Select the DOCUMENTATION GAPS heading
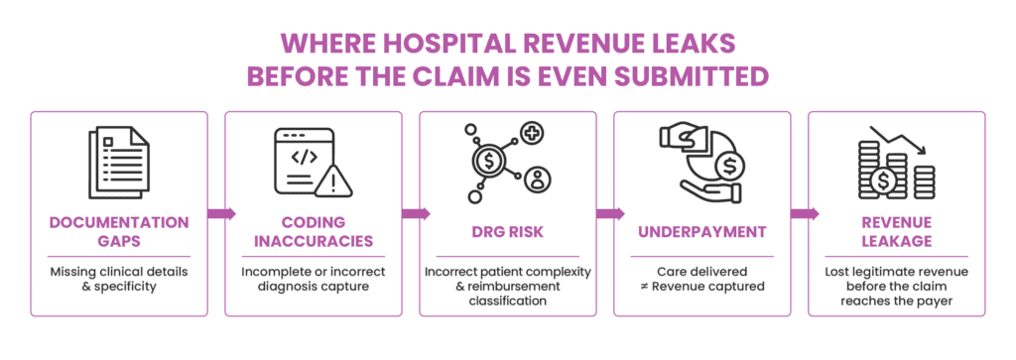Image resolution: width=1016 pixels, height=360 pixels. point(119,232)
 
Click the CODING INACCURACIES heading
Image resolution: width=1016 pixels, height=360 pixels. point(314,232)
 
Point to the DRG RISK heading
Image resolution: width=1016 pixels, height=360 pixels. point(507,232)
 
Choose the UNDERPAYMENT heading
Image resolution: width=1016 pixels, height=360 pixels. point(702,232)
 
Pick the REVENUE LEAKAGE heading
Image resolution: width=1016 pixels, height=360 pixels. point(897,232)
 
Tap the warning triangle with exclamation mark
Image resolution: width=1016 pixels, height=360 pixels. point(333,180)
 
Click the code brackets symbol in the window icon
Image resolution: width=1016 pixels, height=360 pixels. point(304,157)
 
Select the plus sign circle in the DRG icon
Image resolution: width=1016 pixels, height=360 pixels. point(532,134)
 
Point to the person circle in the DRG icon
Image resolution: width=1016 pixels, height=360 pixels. point(537,179)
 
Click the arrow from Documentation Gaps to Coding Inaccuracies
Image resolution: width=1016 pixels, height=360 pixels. point(221,213)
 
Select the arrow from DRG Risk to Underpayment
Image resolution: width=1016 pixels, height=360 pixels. point(610,213)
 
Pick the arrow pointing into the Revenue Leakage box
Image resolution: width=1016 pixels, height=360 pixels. point(805,213)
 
